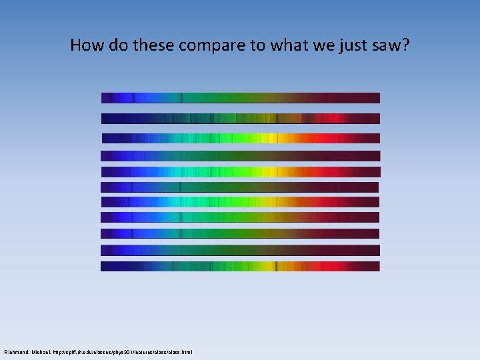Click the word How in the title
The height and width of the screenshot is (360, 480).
(85, 45)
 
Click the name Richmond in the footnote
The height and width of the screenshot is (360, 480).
(17, 351)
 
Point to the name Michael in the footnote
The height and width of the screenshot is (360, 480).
(43, 351)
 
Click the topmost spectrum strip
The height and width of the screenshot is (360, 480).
(240, 98)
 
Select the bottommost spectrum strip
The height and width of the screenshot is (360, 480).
(240, 266)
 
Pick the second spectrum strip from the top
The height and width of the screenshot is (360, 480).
(240, 119)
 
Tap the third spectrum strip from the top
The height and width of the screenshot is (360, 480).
(240, 139)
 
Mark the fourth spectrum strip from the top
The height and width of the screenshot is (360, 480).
(240, 156)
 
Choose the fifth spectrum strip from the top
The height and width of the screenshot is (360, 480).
(240, 171)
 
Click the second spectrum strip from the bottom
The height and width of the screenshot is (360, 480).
(240, 250)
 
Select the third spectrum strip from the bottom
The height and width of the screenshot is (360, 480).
(240, 233)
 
